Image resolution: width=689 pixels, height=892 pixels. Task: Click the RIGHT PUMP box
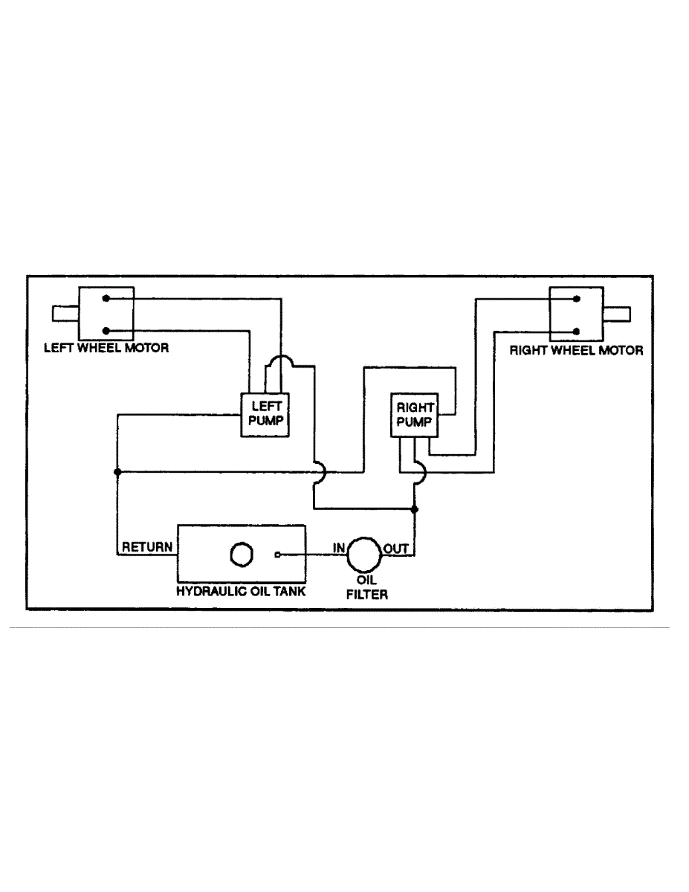click(415, 416)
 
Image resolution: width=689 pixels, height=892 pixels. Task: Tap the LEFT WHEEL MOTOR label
click(106, 347)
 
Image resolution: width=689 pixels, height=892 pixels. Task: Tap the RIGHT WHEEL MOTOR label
click(576, 350)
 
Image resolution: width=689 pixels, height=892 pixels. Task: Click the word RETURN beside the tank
click(147, 548)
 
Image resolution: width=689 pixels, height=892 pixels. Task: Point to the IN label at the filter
click(339, 548)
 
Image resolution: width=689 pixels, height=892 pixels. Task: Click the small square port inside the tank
click(277, 555)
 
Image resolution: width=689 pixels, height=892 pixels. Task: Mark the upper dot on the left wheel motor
click(106, 299)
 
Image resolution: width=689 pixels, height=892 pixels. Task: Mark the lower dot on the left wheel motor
click(106, 331)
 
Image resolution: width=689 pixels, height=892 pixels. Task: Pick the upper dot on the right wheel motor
click(576, 299)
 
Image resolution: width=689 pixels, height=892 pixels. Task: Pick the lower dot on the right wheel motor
click(576, 331)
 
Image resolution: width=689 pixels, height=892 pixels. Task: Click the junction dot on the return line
click(117, 472)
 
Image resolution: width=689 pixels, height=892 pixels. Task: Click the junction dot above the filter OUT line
click(415, 509)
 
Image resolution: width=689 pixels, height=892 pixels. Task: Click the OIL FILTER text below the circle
click(366, 587)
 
